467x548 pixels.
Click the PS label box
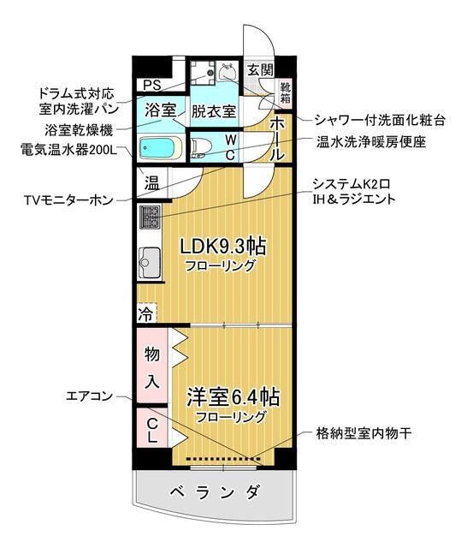click(152, 85)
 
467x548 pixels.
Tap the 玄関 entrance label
click(260, 70)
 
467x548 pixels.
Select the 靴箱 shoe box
click(287, 91)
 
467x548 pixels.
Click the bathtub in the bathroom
click(159, 148)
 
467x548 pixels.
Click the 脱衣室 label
click(213, 111)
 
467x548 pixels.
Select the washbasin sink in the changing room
click(226, 72)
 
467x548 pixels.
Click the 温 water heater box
click(151, 182)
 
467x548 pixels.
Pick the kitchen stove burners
click(149, 219)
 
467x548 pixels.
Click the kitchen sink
click(149, 259)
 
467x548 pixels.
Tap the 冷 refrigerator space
click(146, 313)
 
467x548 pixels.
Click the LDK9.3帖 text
click(222, 247)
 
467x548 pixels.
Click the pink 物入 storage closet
click(151, 366)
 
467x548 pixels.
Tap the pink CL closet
click(151, 429)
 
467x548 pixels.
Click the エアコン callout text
click(89, 396)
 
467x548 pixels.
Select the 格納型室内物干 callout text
click(364, 433)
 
